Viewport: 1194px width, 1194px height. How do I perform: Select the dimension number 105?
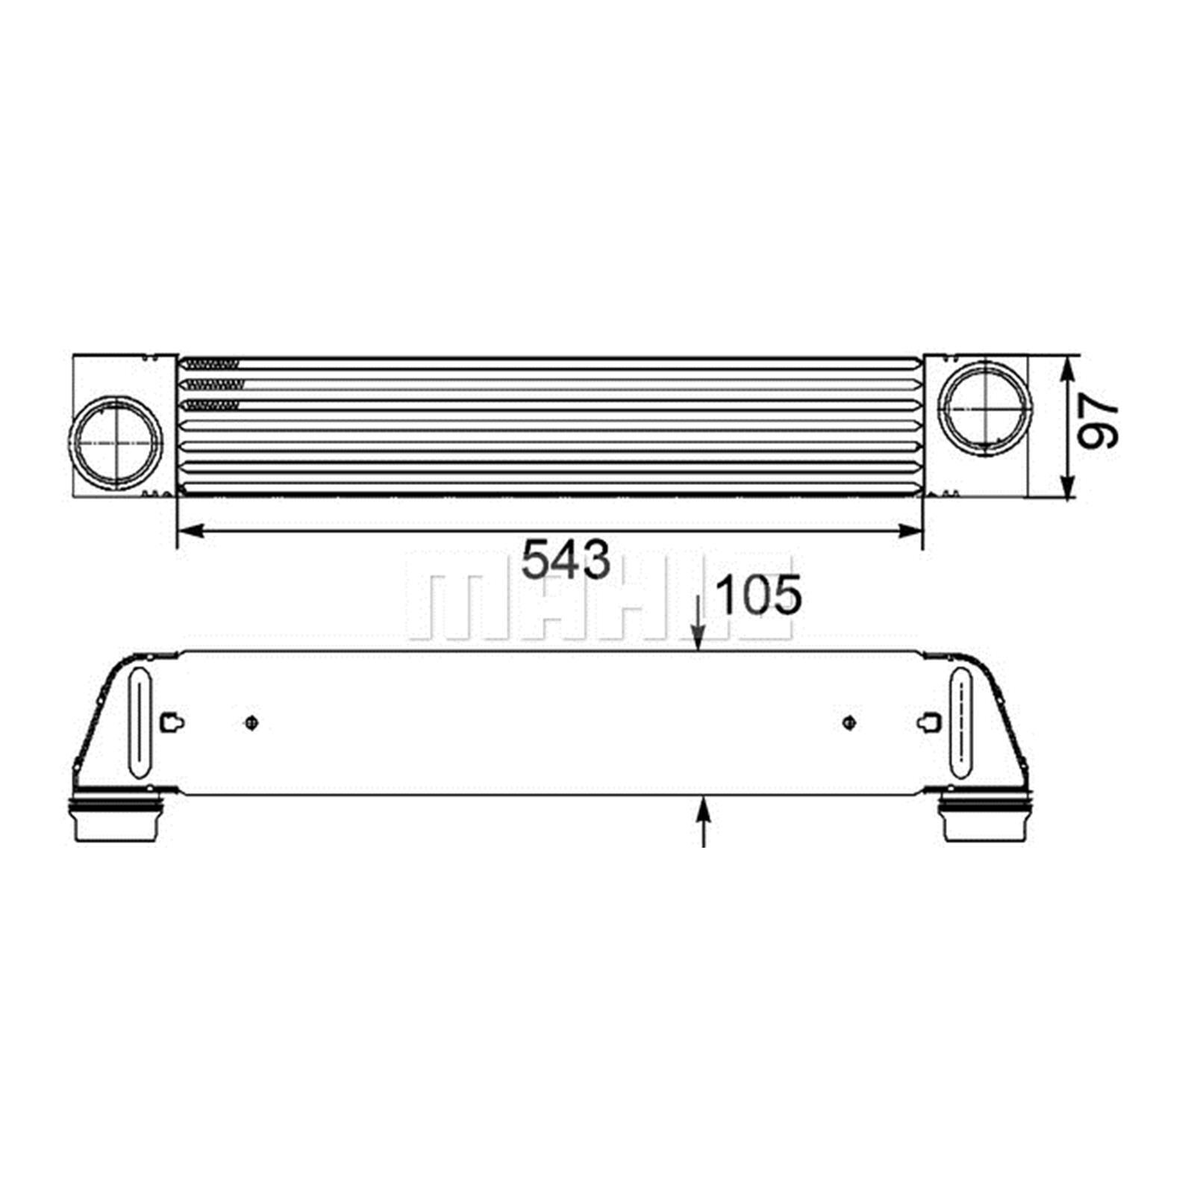point(758,596)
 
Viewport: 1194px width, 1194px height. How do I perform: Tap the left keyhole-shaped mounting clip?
point(172,722)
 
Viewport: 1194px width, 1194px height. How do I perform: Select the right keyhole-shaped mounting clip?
point(930,722)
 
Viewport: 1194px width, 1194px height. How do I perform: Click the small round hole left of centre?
point(251,722)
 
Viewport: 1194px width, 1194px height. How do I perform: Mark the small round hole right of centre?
point(849,722)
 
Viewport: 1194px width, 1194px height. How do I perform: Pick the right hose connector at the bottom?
point(984,819)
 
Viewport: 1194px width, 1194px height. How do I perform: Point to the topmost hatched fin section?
point(213,364)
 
